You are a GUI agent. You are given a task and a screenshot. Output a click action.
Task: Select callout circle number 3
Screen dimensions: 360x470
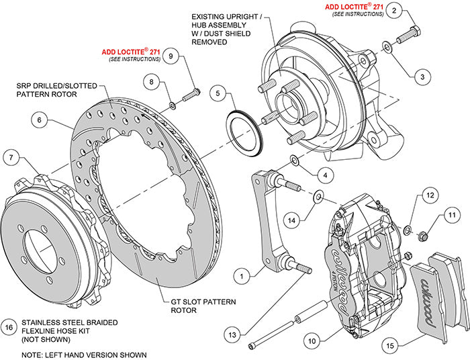[421, 77]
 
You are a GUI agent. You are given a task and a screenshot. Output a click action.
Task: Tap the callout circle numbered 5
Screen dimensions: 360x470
[217, 94]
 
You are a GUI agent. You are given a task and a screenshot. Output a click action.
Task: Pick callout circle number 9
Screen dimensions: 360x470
[172, 57]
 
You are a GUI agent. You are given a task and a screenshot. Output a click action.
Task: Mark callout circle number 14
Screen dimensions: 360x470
[290, 219]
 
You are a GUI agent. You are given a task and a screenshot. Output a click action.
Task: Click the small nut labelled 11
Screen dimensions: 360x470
[423, 236]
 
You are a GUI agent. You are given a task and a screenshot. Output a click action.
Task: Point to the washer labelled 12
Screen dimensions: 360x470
[408, 231]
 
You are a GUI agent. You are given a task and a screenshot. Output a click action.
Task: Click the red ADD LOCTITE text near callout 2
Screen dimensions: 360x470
[354, 7]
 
